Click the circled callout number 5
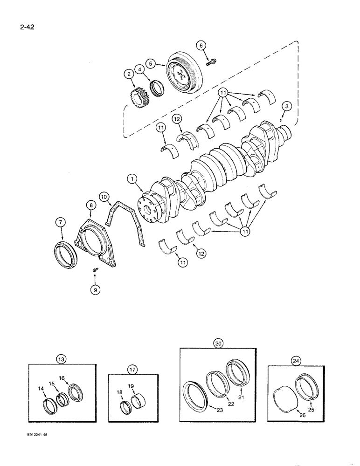click(150, 62)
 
